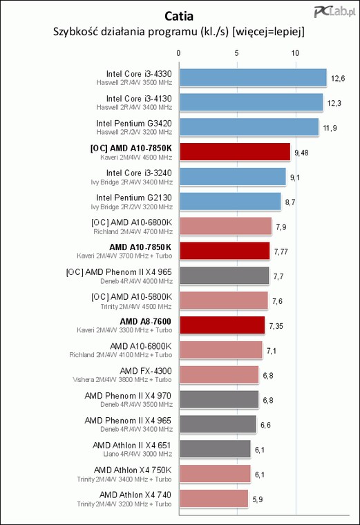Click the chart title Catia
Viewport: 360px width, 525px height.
pos(179,16)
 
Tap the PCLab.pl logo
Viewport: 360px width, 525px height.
pos(334,12)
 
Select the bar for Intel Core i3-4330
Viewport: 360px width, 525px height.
pos(253,77)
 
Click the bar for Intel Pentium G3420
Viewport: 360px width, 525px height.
pos(249,127)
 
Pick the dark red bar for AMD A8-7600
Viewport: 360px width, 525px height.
pos(222,325)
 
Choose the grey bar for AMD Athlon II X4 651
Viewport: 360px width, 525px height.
pos(215,449)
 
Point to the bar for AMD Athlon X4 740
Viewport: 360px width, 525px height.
pos(214,499)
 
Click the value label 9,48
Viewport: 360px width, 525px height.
pos(301,153)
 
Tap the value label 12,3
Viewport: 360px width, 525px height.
pos(334,103)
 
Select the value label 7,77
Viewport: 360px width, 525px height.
pos(281,251)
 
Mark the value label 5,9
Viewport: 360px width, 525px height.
pos(258,499)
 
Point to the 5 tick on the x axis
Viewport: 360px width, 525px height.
pos(237,53)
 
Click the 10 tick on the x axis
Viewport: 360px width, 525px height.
pos(295,53)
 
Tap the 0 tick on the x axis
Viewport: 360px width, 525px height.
pos(178,53)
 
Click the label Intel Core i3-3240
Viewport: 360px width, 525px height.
pos(139,173)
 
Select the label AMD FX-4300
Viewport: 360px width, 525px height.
pos(146,371)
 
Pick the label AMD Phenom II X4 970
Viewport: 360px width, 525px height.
pos(128,395)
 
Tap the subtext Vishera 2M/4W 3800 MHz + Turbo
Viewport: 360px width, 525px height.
pos(122,380)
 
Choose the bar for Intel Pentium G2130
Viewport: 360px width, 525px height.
pos(230,202)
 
